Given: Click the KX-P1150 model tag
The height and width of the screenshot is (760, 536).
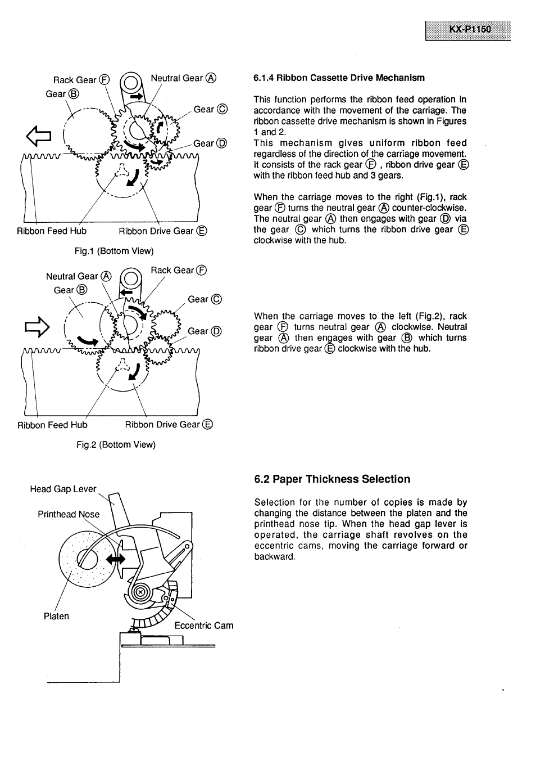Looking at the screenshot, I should click(468, 29).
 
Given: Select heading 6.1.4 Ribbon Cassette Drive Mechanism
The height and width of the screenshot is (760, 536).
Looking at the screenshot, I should click(339, 78).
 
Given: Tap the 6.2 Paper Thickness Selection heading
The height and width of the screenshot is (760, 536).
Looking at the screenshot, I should click(332, 479).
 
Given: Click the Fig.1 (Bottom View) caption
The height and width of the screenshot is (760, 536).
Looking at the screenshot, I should click(114, 251).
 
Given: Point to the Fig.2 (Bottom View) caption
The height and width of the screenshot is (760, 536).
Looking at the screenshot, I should click(116, 444).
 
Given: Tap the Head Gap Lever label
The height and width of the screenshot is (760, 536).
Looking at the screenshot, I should click(63, 489).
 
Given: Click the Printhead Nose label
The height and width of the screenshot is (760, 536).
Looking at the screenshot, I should click(69, 514).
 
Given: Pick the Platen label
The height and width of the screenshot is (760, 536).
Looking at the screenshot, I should click(56, 616).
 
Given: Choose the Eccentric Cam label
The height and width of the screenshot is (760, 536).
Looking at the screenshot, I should click(203, 626).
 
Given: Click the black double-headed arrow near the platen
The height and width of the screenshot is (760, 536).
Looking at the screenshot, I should click(116, 559).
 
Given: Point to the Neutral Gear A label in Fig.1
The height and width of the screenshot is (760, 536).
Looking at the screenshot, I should click(183, 78).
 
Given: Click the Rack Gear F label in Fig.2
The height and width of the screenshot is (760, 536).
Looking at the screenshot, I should click(179, 270).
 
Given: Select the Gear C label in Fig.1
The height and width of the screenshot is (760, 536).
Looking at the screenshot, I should click(210, 109).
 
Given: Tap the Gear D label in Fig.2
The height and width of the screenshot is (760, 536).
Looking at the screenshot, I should click(205, 331).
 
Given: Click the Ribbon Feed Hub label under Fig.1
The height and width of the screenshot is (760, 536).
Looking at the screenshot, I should click(52, 231).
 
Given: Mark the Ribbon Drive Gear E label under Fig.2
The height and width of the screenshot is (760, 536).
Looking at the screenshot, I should click(169, 424).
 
